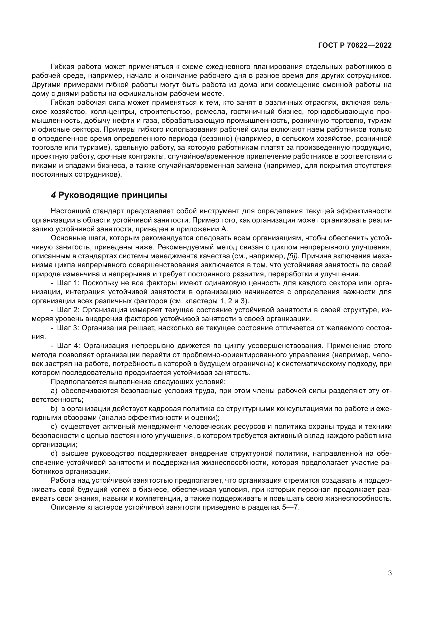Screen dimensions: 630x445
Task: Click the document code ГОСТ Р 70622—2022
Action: pos(355,46)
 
